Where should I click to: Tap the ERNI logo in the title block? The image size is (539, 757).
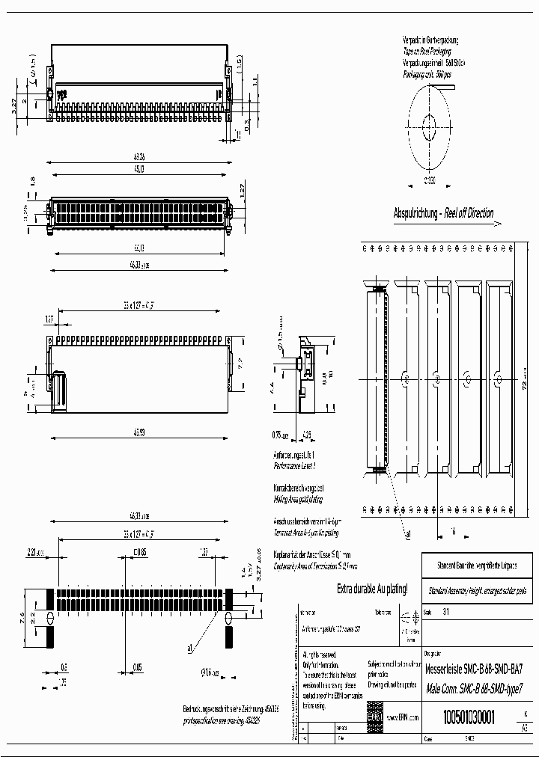coord(374,716)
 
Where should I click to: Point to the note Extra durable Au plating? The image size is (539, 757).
coord(372,589)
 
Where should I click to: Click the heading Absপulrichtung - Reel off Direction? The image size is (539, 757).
coord(443,213)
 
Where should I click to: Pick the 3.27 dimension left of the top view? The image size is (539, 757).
coord(14,106)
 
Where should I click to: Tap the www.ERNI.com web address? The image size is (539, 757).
coord(402,717)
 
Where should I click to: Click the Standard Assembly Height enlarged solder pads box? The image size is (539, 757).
coord(477,590)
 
